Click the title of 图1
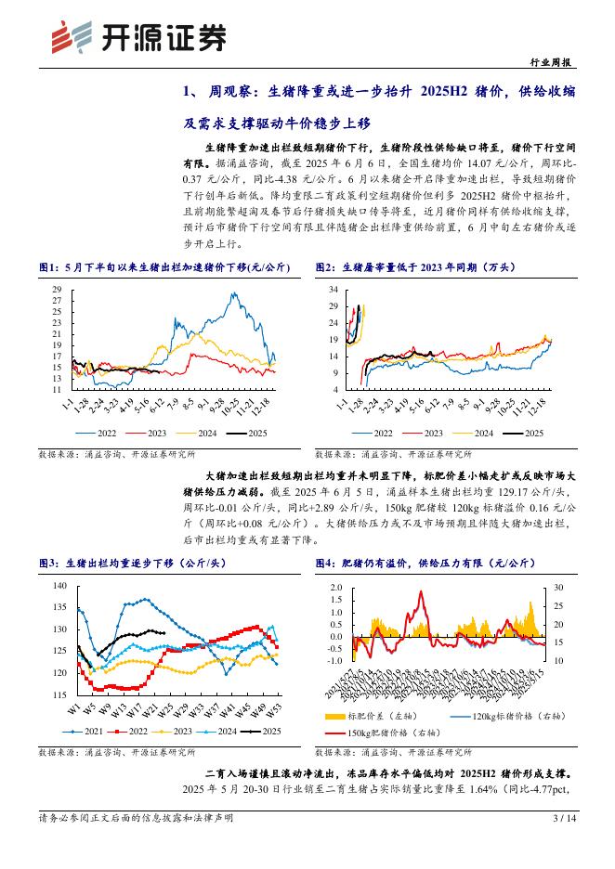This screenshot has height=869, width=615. (164, 266)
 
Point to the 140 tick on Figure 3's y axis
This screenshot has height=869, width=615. (60, 586)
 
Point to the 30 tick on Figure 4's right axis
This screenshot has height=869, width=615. (557, 588)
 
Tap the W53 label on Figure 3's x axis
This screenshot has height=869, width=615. (276, 709)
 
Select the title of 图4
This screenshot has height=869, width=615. (432, 563)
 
